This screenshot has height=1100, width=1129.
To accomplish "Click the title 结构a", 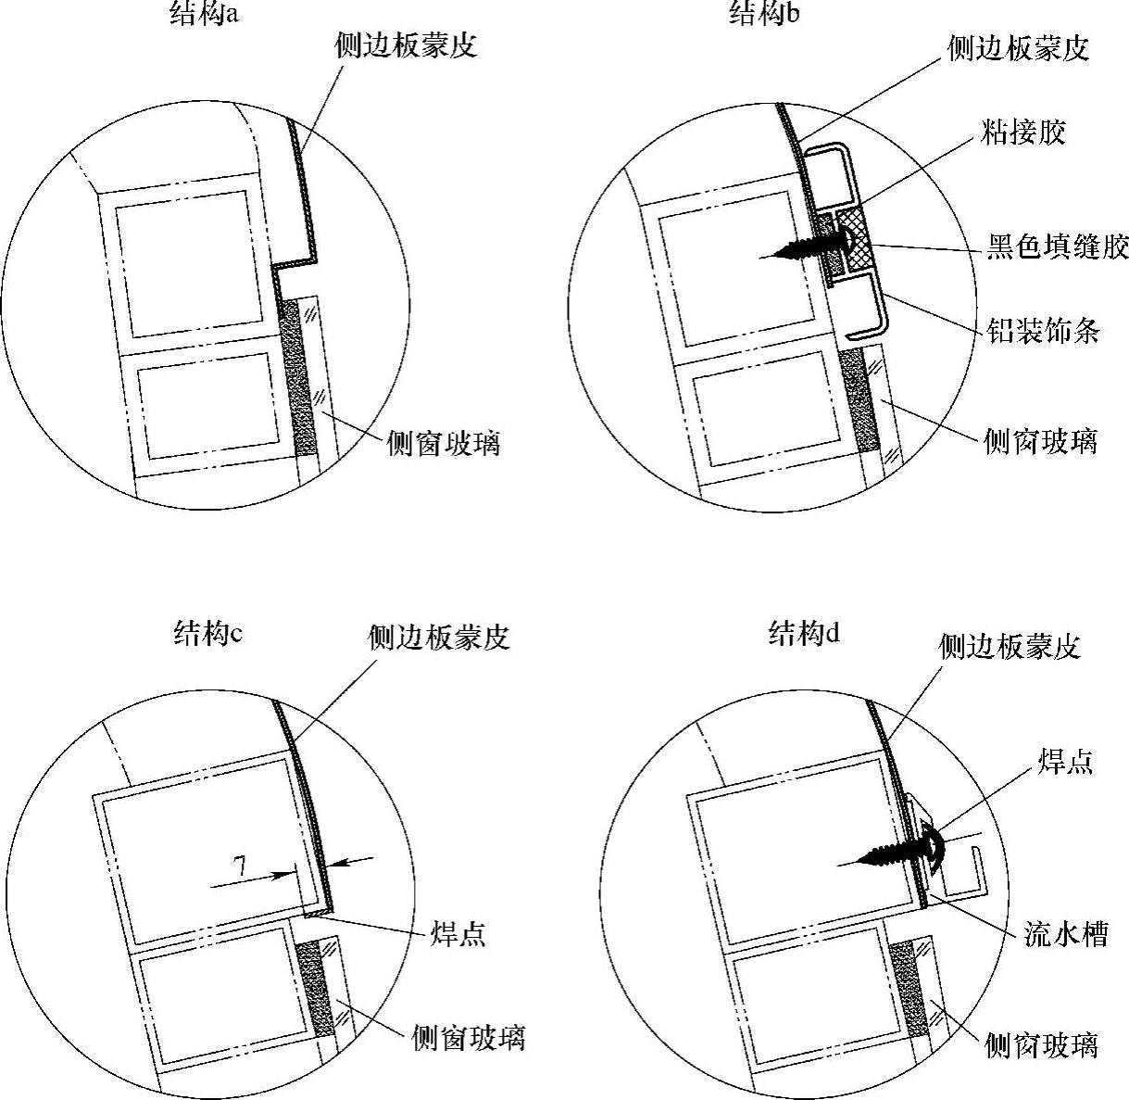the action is [x=205, y=14].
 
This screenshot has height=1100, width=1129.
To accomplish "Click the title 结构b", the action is [x=764, y=12].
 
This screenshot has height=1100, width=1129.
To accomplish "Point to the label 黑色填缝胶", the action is [x=1056, y=247].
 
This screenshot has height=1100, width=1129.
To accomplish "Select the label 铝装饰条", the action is [x=1043, y=330].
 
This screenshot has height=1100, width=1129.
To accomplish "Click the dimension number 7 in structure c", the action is [x=239, y=867].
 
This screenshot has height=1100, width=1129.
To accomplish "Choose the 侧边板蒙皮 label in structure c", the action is [x=439, y=637].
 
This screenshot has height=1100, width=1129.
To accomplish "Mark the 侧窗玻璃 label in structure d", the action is [x=1041, y=1045].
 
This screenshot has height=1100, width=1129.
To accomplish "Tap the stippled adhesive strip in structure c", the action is [x=320, y=987].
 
